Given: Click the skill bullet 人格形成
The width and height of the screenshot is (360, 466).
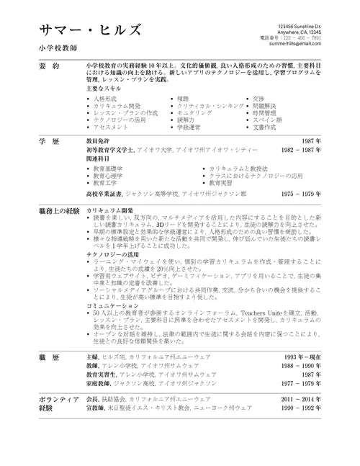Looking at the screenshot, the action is [104, 97].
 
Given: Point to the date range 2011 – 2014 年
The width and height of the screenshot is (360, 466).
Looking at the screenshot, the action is [302, 398].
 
